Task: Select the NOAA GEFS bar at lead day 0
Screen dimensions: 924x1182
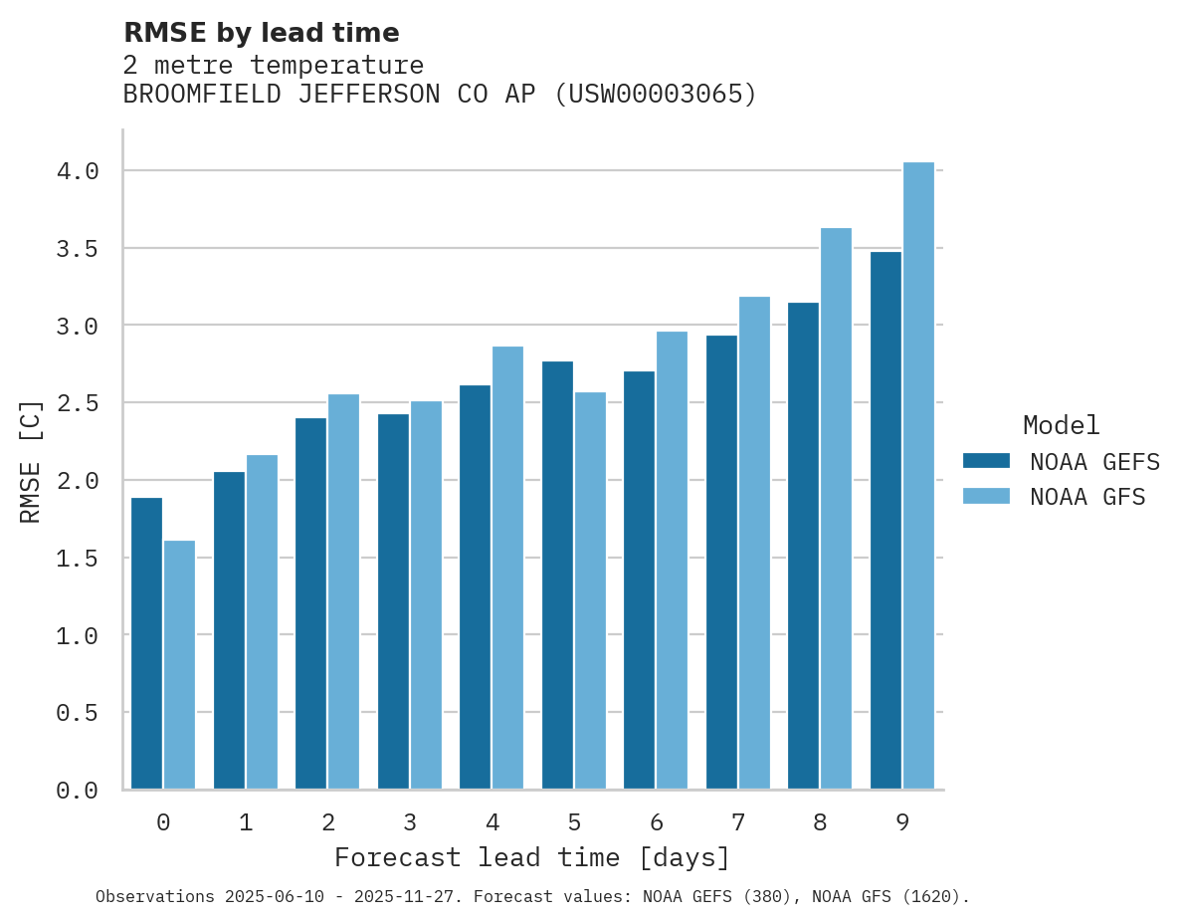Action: coord(146,643)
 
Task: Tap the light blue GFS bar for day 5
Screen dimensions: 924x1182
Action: coord(590,590)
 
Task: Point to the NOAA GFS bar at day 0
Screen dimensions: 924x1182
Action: coord(179,664)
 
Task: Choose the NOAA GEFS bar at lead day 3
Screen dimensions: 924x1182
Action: coord(393,601)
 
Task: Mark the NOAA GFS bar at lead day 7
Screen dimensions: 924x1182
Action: coord(754,543)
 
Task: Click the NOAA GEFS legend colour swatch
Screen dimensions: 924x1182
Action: coord(986,461)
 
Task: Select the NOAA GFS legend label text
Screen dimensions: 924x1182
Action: coord(1087,497)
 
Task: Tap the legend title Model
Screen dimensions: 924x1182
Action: coord(1061,425)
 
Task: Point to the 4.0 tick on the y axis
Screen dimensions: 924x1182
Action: coord(78,171)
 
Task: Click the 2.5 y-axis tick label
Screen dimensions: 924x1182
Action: coord(78,403)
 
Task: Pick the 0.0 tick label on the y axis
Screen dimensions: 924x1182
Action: coord(78,791)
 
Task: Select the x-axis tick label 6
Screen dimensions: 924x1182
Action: coord(657,822)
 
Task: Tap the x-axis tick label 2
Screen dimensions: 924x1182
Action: coord(327,822)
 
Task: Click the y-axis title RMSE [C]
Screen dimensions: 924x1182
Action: coord(31,461)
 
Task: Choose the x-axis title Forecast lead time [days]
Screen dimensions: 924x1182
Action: coord(532,857)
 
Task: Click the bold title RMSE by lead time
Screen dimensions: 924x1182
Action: coord(261,33)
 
